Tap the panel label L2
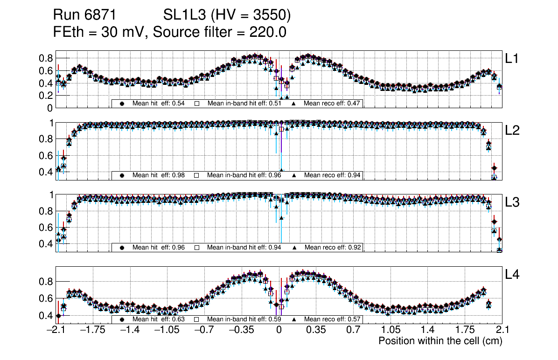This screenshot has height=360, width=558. (x=512, y=131)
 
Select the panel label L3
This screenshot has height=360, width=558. (x=512, y=202)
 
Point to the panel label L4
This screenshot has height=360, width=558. (x=512, y=275)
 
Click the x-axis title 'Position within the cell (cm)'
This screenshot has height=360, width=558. (x=440, y=341)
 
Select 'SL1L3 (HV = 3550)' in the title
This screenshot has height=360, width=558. (x=227, y=15)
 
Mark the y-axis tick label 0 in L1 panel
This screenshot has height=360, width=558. (x=49, y=108)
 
